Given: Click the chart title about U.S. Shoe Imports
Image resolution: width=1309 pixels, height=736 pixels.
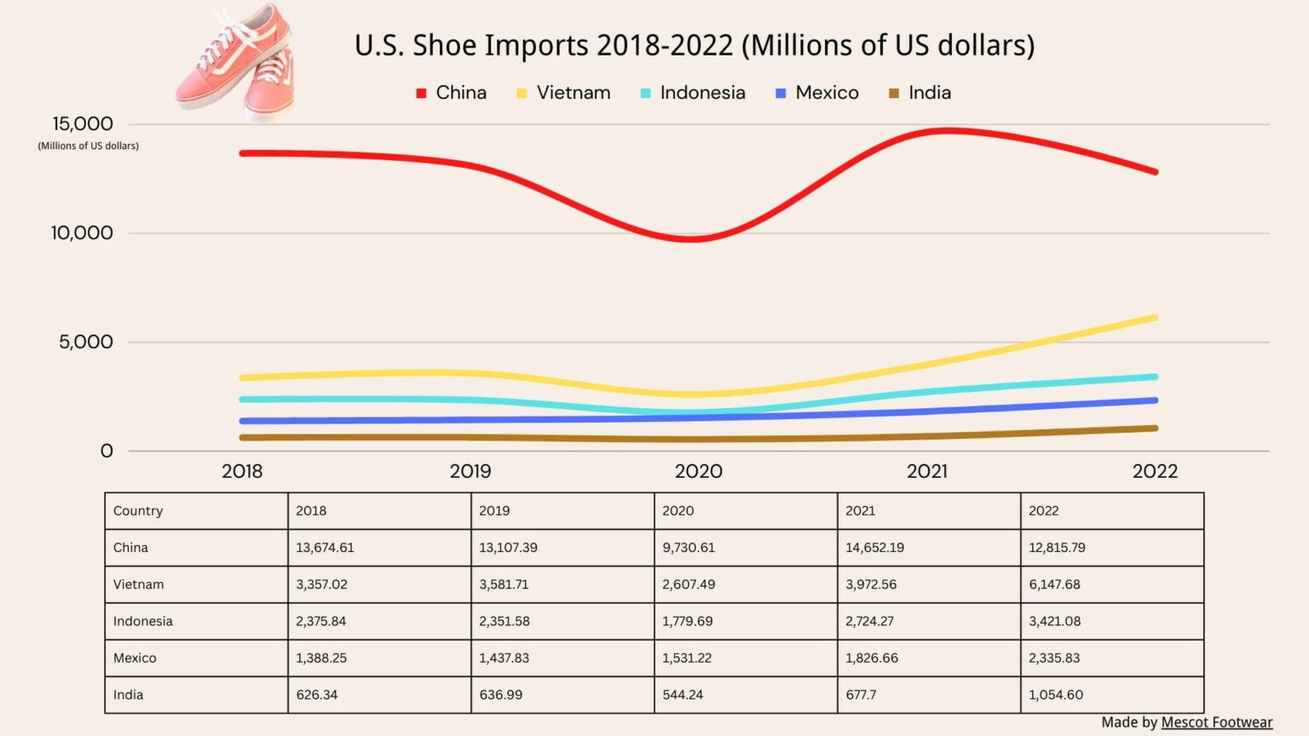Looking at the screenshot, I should tap(695, 45).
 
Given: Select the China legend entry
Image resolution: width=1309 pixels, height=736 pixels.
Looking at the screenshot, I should tap(452, 93).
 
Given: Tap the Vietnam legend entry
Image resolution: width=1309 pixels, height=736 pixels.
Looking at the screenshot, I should tap(563, 93).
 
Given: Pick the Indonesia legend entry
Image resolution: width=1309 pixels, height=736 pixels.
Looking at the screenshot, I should tap(693, 93).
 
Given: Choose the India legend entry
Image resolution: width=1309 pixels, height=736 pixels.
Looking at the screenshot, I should tap(920, 93).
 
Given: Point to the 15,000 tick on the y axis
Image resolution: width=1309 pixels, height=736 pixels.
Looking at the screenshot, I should tap(82, 124).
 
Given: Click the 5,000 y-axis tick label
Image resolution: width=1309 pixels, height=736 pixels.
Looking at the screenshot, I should tap(85, 342).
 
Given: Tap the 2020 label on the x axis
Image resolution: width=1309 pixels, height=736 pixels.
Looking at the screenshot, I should tap(698, 471).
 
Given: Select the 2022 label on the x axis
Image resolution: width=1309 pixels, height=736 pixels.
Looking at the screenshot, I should tap(1155, 471).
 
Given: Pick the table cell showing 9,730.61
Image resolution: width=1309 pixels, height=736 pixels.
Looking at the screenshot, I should tap(689, 548).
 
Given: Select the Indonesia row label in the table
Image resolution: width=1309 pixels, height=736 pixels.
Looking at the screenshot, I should tap(143, 621).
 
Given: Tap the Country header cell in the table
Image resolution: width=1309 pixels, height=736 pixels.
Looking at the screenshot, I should tap(138, 511).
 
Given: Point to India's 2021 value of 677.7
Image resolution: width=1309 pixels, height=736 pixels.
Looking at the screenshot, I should tap(861, 694).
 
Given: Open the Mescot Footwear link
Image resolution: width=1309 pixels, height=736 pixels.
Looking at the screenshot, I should tap(1216, 722).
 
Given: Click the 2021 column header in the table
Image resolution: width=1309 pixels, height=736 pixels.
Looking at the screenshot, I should tap(860, 511).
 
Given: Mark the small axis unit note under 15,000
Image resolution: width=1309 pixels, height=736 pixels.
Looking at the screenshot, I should tap(88, 146).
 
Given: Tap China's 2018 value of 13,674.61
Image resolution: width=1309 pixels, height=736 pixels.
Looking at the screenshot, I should tap(325, 548).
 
